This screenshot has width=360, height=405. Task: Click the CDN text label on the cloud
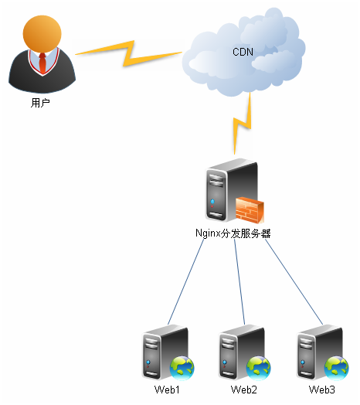pos(243,52)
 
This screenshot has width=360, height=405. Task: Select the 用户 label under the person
pos(40,102)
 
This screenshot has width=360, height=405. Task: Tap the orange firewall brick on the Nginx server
pos(250,209)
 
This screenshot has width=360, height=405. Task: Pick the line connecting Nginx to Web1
pos(185,282)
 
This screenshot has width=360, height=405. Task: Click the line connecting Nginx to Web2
pos(239,282)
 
